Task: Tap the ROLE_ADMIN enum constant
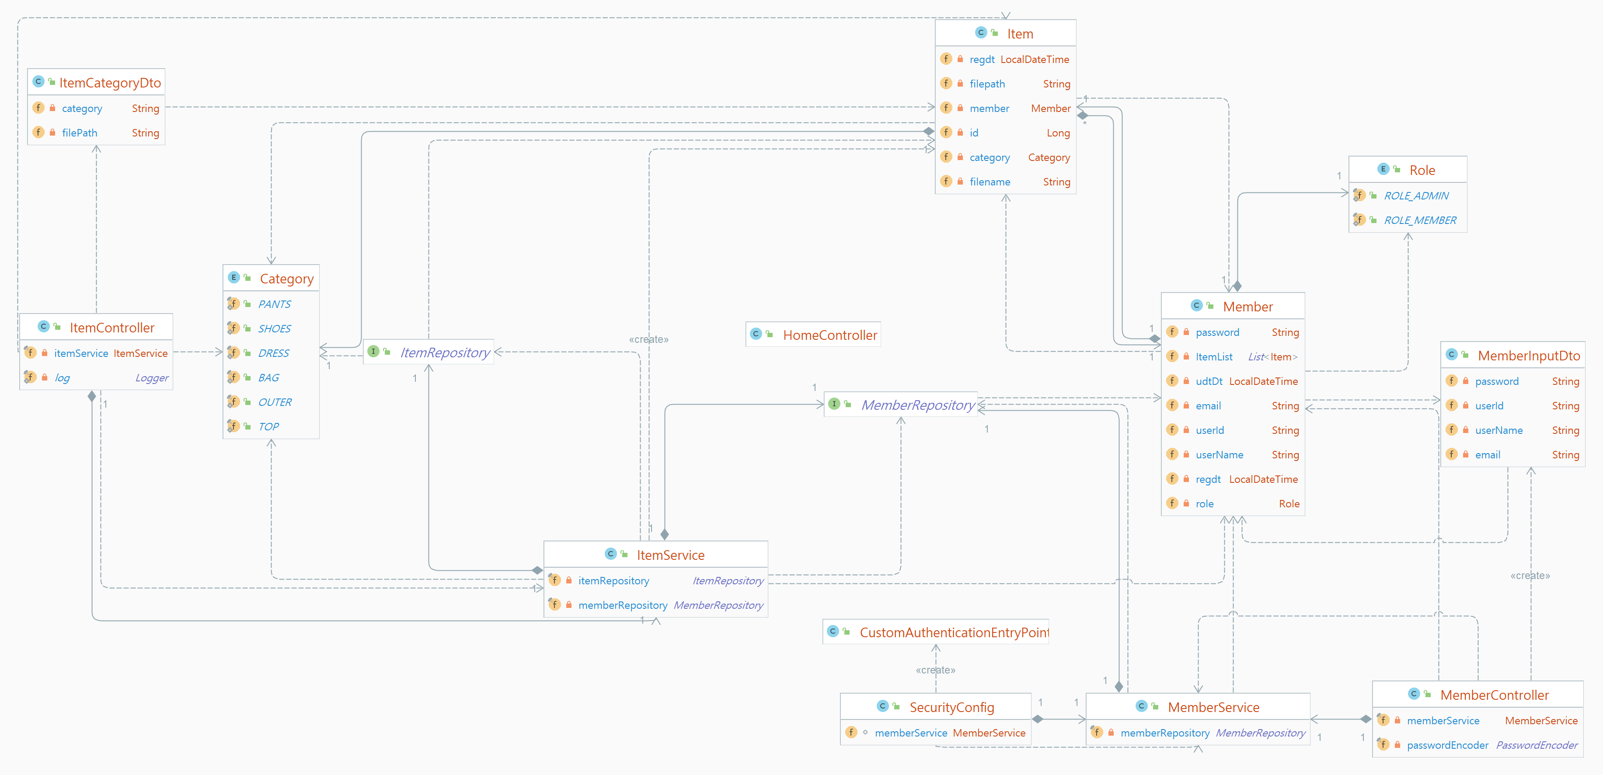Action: coord(1416,195)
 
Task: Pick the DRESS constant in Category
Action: coord(273,353)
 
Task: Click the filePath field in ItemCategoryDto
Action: coord(80,133)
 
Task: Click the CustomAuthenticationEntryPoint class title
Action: coord(953,632)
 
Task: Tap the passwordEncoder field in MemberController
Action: coord(1447,745)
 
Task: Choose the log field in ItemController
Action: coord(62,378)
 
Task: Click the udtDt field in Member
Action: coord(1209,381)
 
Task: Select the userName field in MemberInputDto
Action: coord(1498,430)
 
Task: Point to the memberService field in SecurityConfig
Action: coord(910,733)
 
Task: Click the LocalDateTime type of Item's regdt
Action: coord(1034,59)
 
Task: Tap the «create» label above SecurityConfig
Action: coord(935,670)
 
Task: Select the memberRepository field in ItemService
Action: coord(622,605)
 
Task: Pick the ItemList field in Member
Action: coord(1213,357)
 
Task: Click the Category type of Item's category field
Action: coord(1049,157)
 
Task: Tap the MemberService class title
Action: coord(1213,707)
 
